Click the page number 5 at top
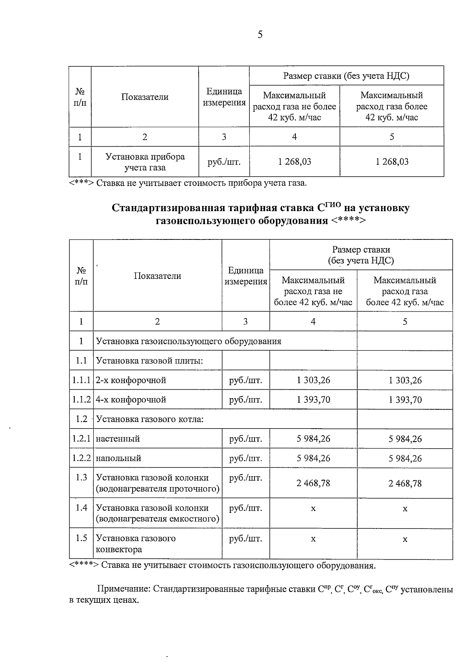260,35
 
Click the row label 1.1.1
81,380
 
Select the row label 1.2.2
81,458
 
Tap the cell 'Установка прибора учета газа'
145,162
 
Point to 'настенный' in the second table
118,439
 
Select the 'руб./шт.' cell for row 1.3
245,478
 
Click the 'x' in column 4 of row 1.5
313,539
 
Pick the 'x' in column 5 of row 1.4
405,509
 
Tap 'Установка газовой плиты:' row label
149,361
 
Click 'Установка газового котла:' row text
150,419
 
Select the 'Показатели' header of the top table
145,97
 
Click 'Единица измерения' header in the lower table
245,276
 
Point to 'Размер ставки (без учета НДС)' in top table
346,76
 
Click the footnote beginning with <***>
188,183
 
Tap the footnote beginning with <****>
222,566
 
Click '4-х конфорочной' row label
131,400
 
